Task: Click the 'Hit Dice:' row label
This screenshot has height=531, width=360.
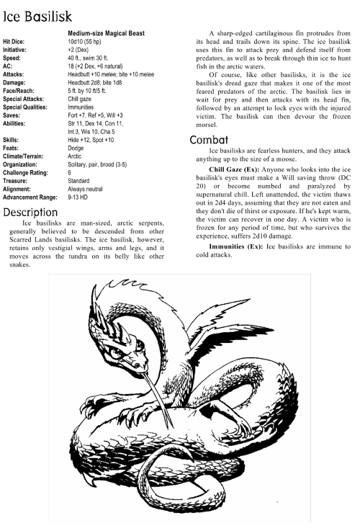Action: (x=18, y=42)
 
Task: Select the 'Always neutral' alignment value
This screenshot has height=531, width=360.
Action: (x=88, y=189)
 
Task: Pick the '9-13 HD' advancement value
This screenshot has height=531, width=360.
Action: (x=81, y=197)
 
